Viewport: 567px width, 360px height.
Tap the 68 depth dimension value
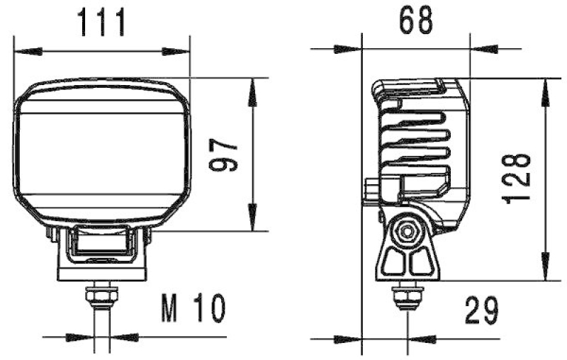tap(415, 21)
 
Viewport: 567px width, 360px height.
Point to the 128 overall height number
tap(520, 179)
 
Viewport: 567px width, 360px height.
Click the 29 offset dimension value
tap(482, 310)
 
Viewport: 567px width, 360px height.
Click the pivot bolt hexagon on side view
tap(407, 232)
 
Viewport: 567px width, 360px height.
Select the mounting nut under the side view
tap(407, 292)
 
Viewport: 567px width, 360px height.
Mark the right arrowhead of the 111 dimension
tap(181, 51)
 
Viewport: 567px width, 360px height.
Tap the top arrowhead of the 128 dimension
tap(544, 88)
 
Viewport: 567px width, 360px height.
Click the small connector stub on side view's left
tap(371, 192)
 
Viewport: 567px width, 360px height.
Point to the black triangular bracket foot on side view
tap(408, 262)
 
